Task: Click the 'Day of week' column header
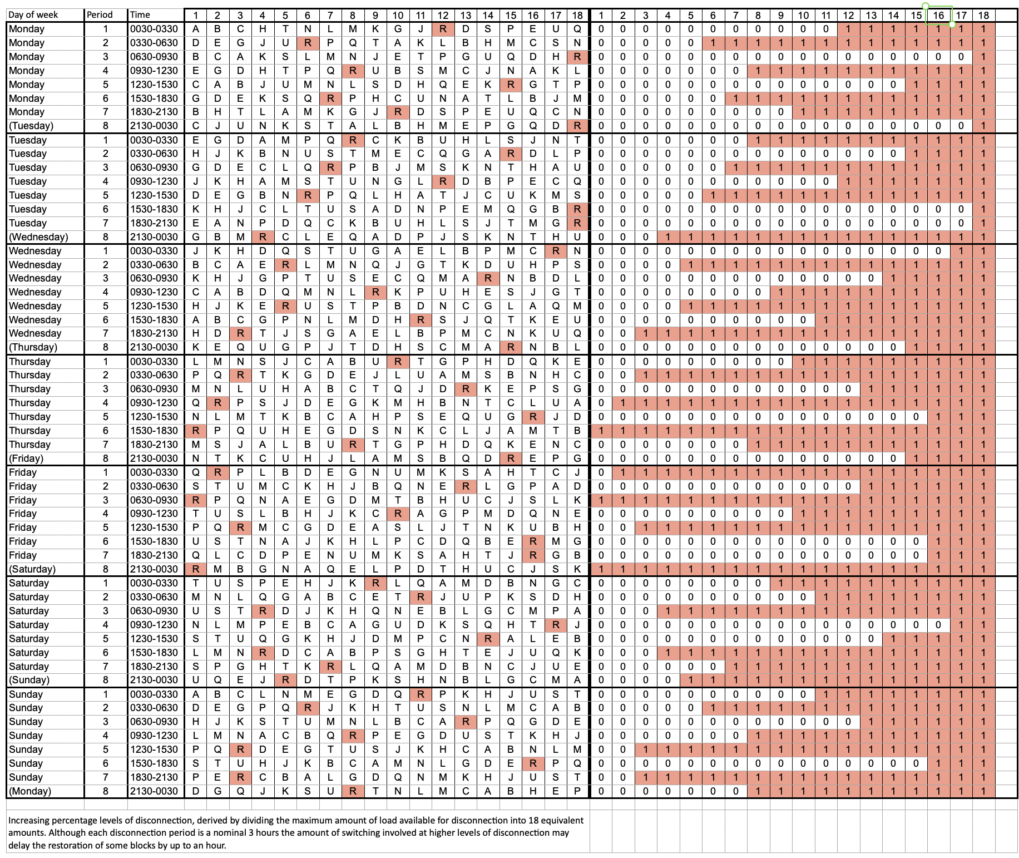(33, 15)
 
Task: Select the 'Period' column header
(100, 15)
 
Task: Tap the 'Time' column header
(140, 15)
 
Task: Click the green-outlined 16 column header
(938, 16)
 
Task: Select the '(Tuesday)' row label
(31, 126)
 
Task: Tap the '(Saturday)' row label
(32, 569)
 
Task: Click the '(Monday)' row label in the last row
(30, 791)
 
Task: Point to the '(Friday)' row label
(26, 458)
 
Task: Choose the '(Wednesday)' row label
(38, 237)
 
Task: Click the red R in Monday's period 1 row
(443, 29)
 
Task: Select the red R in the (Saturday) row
(195, 569)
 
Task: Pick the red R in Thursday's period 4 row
(217, 403)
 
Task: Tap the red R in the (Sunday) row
(285, 680)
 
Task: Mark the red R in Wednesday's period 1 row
(555, 251)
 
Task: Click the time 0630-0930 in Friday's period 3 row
(154, 500)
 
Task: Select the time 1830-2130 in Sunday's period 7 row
(154, 777)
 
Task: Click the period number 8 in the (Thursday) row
(106, 347)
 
